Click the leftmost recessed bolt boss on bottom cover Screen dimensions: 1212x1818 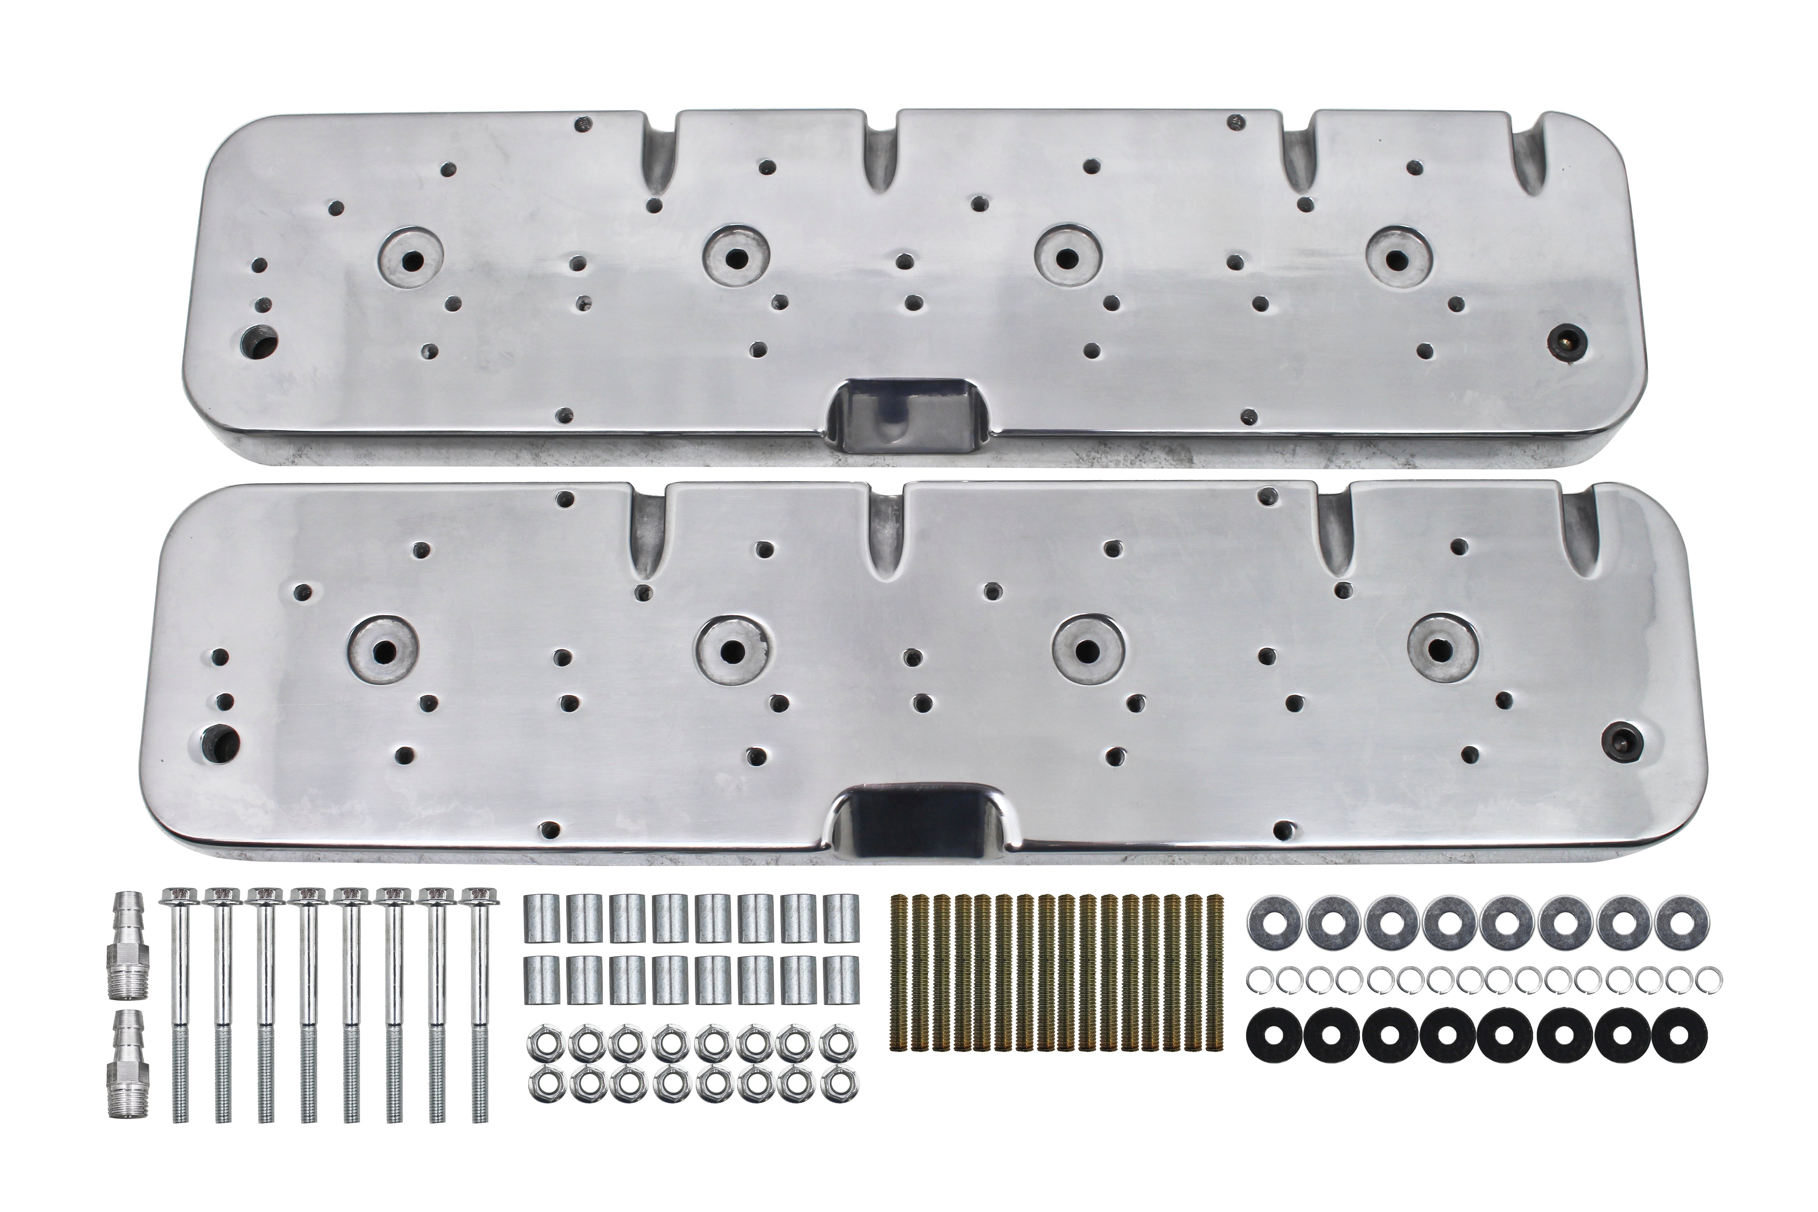point(383,649)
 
